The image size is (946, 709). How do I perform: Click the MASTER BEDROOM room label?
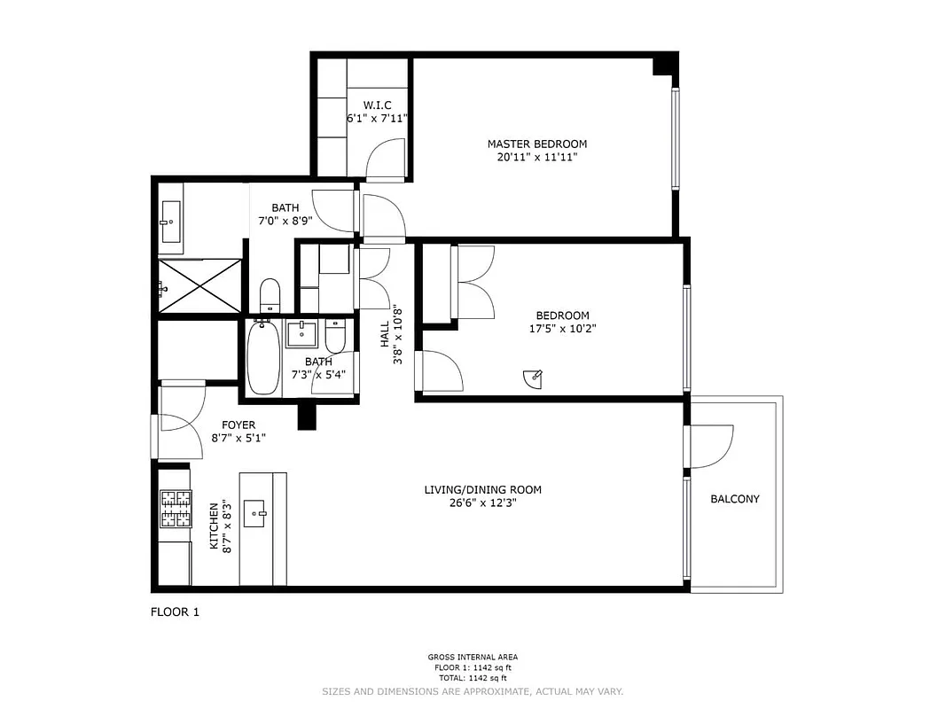point(536,144)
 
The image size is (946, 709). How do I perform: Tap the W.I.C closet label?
point(377,105)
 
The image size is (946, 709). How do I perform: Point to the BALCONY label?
point(735,499)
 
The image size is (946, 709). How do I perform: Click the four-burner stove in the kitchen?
point(176,509)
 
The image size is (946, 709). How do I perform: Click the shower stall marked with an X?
point(199,285)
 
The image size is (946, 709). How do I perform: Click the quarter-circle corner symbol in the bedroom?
point(531,378)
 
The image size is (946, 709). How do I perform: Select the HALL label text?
point(384,334)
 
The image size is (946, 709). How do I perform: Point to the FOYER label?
point(238,425)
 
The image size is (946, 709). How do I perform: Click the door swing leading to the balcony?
point(712,447)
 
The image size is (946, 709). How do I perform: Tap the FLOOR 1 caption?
point(175,612)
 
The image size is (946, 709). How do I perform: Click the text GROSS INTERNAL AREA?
point(473,658)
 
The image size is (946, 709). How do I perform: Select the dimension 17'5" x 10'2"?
point(562,328)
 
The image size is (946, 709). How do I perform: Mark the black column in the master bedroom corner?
point(663,65)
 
